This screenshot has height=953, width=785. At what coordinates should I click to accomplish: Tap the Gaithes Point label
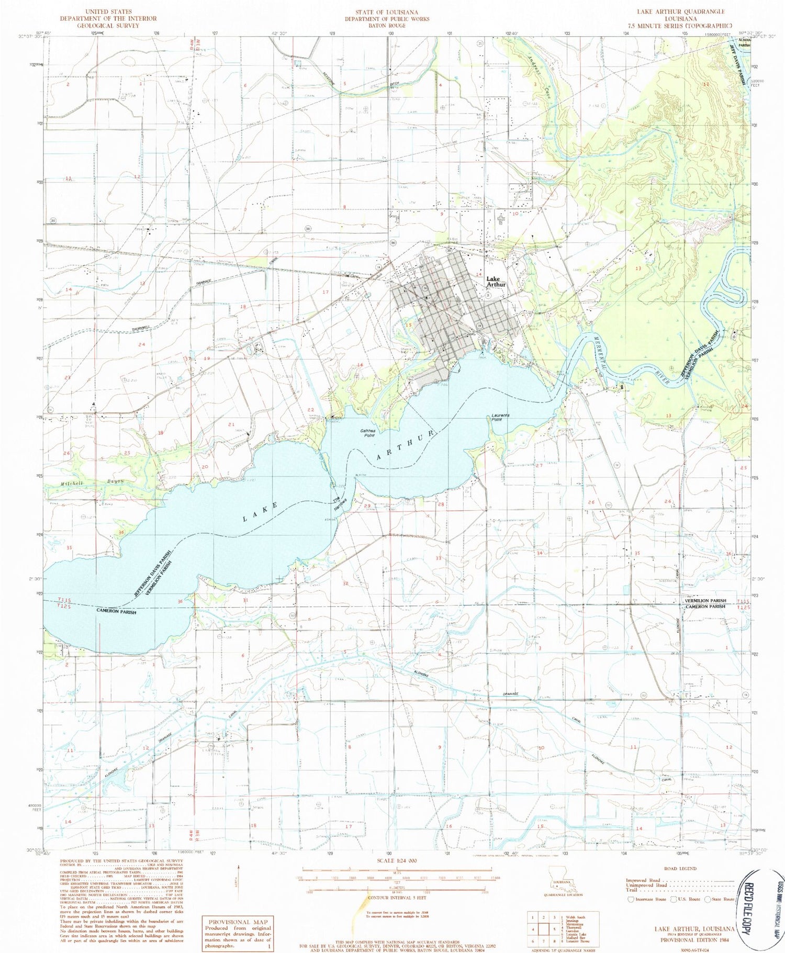(368, 433)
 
